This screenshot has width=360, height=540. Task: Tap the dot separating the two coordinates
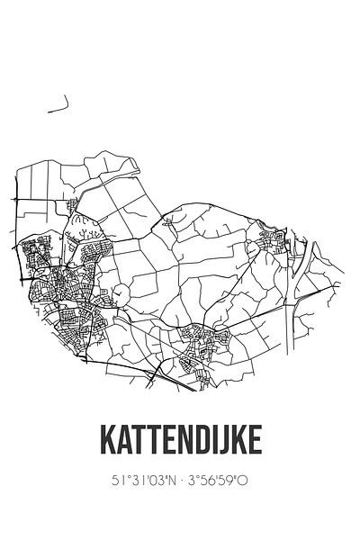click(x=180, y=481)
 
